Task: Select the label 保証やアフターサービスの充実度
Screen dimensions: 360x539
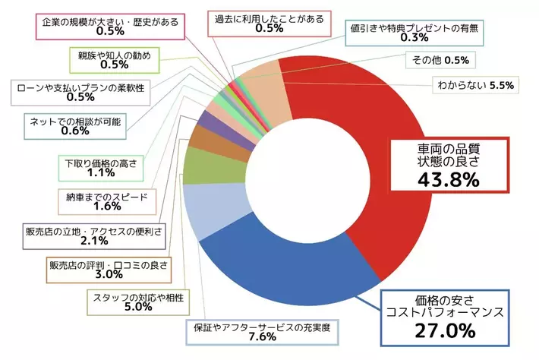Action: [262, 327]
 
